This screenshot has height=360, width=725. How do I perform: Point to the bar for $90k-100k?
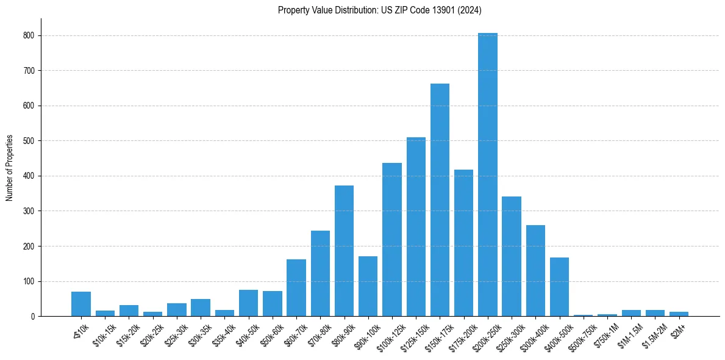368,286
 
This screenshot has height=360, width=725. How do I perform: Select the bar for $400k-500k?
559,287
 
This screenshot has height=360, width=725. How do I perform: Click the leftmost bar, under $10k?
81,304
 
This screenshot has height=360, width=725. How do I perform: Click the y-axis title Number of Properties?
10,168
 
